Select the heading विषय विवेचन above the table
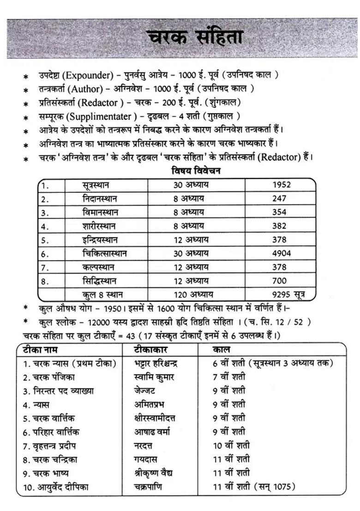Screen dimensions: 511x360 point(196,171)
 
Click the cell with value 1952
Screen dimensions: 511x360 point(281,185)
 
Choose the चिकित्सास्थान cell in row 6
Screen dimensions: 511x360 point(105,253)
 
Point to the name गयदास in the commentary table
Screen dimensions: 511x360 point(145,459)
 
